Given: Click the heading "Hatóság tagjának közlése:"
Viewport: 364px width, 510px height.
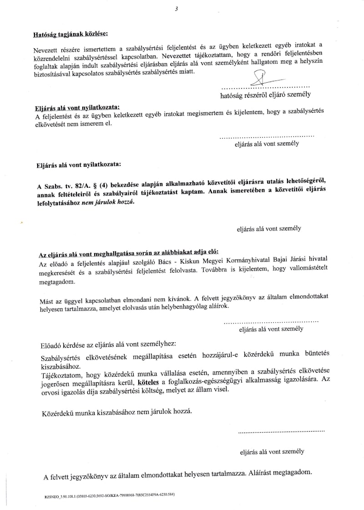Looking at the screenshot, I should [x=71, y=34].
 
